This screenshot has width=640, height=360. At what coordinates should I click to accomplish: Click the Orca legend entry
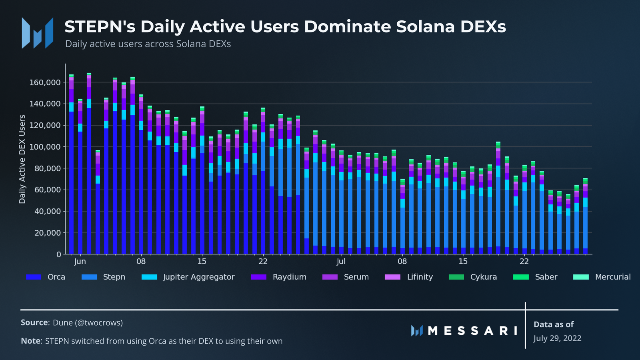[x=46, y=277]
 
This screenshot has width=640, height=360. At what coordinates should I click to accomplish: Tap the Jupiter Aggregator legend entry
[x=188, y=277]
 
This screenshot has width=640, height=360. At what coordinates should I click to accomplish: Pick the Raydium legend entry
[x=278, y=277]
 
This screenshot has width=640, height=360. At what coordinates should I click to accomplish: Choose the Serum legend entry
[x=346, y=277]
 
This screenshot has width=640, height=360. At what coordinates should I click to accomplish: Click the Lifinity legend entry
[x=409, y=277]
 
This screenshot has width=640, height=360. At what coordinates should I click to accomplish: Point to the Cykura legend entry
[x=473, y=277]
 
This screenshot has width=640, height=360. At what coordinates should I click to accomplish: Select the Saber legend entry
[x=535, y=277]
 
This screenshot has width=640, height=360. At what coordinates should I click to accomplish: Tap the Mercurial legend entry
[x=602, y=277]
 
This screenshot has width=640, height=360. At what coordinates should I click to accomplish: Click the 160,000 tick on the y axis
[x=45, y=83]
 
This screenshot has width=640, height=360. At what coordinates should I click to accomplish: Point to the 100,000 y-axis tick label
[x=45, y=147]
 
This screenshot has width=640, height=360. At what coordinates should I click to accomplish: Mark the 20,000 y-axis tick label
[x=47, y=233]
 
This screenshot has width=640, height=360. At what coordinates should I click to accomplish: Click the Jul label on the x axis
[x=341, y=262]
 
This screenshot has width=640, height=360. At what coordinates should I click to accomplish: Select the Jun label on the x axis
[x=80, y=262]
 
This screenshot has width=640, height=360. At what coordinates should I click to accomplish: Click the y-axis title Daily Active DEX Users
[x=22, y=159]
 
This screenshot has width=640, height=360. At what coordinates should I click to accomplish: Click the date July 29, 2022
[x=557, y=338]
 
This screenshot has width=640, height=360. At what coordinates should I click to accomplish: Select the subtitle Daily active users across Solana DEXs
[x=148, y=44]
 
